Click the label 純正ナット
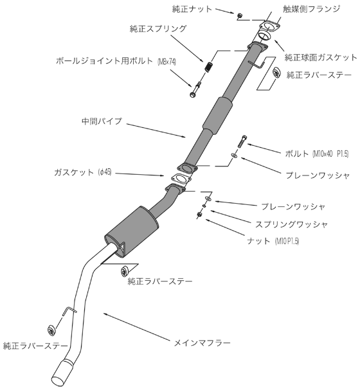192,9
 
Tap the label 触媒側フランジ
312,9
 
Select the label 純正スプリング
158,28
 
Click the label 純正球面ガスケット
321,57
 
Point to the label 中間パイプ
102,121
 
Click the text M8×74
167,62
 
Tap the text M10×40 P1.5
330,154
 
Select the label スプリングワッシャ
291,224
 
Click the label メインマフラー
202,343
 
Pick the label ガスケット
74,172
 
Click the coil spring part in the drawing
208,66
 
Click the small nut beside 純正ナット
239,15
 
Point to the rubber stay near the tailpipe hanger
51,330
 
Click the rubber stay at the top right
276,72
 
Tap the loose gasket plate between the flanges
181,179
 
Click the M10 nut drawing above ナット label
199,214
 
